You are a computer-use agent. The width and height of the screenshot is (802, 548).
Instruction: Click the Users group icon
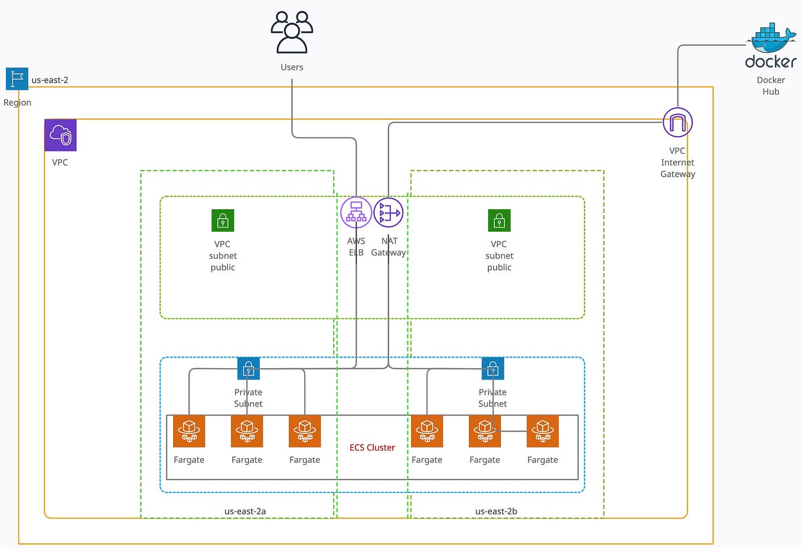pyautogui.click(x=292, y=33)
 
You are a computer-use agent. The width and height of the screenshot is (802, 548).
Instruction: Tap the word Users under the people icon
pyautogui.click(x=292, y=67)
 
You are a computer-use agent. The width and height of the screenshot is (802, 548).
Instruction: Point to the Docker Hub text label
pyautogui.click(x=771, y=86)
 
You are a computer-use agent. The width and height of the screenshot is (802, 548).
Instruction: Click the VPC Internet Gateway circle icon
pyautogui.click(x=677, y=123)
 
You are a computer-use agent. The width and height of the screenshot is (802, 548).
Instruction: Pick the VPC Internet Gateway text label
pyautogui.click(x=677, y=163)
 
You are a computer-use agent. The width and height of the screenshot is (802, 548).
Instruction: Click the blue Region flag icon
pyautogui.click(x=17, y=79)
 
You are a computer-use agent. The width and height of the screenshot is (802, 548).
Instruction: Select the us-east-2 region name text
pyautogui.click(x=50, y=80)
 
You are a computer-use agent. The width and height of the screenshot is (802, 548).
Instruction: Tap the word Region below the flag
pyautogui.click(x=17, y=103)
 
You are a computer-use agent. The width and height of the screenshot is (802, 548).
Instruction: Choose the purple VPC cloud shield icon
pyautogui.click(x=60, y=135)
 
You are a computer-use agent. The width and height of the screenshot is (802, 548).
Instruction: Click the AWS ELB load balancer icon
pyautogui.click(x=356, y=212)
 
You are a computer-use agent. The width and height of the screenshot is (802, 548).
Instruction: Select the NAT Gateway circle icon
pyautogui.click(x=389, y=212)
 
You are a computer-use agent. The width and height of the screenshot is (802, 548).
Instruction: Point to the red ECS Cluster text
pyautogui.click(x=372, y=448)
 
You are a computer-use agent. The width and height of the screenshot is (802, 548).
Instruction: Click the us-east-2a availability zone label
pyautogui.click(x=245, y=511)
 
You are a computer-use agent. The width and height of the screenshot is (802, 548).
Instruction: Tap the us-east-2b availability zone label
pyautogui.click(x=496, y=511)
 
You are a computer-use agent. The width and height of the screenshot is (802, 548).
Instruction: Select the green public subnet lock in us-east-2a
pyautogui.click(x=223, y=221)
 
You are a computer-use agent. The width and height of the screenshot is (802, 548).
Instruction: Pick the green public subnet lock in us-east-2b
pyautogui.click(x=499, y=221)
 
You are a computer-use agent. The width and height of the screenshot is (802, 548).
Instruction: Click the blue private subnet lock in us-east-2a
pyautogui.click(x=249, y=369)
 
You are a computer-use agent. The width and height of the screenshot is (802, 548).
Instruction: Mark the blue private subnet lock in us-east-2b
pyautogui.click(x=493, y=369)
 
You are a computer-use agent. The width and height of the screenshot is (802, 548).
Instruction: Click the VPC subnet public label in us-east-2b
pyautogui.click(x=499, y=256)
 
